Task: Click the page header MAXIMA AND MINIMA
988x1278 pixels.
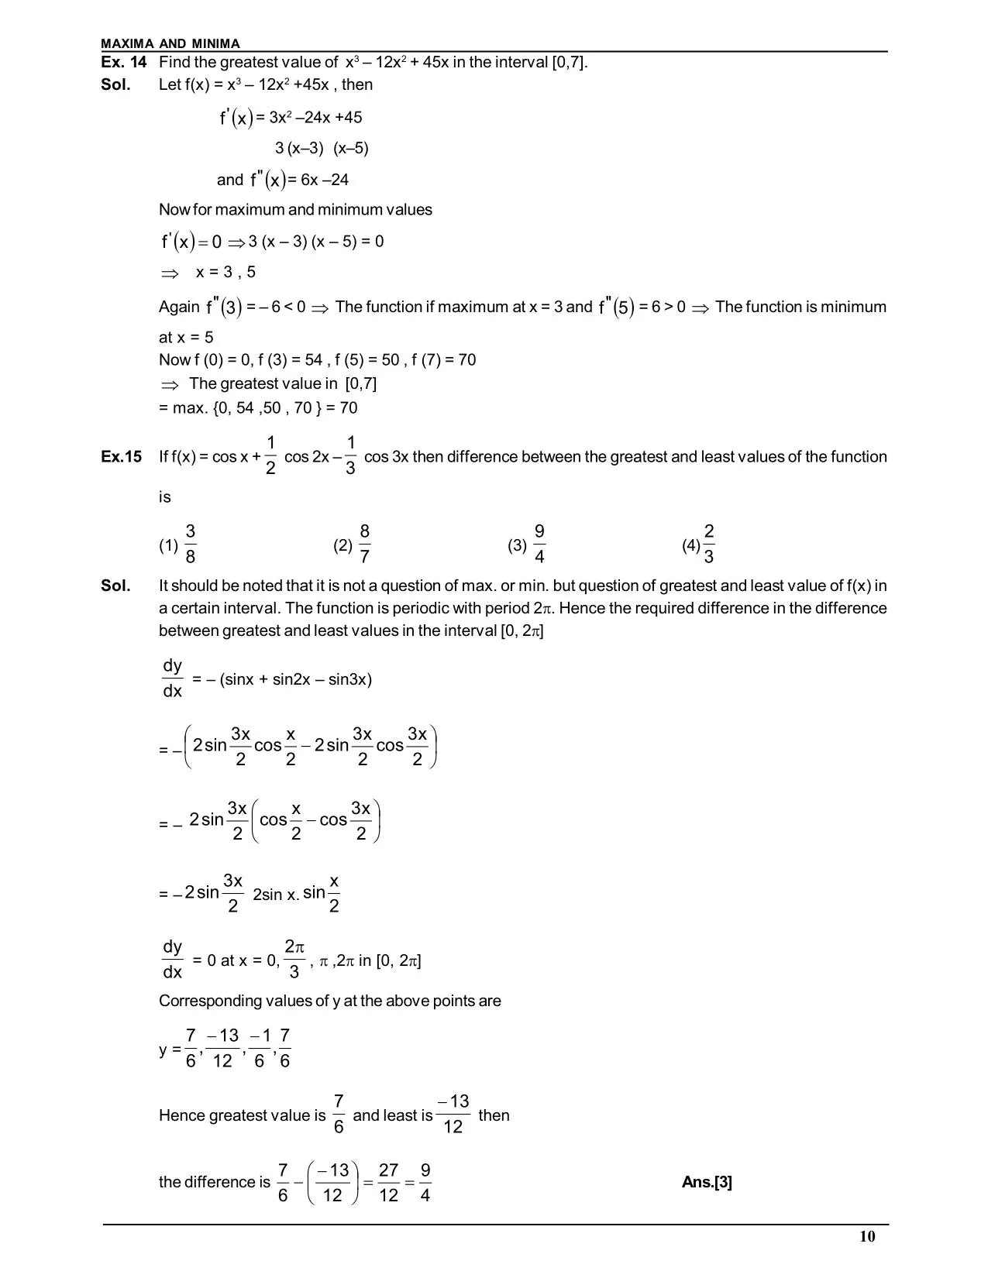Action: point(170,44)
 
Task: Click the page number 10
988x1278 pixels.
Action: point(867,1236)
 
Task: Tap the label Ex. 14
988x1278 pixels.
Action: point(124,63)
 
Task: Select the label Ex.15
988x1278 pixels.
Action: point(122,457)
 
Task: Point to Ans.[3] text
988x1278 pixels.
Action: point(707,1182)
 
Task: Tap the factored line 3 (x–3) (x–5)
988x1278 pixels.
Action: point(322,149)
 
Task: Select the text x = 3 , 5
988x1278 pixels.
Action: point(225,273)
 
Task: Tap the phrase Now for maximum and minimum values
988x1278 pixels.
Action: point(295,210)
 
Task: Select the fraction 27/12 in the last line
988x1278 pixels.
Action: point(388,1183)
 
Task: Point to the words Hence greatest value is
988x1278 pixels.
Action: point(242,1115)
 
